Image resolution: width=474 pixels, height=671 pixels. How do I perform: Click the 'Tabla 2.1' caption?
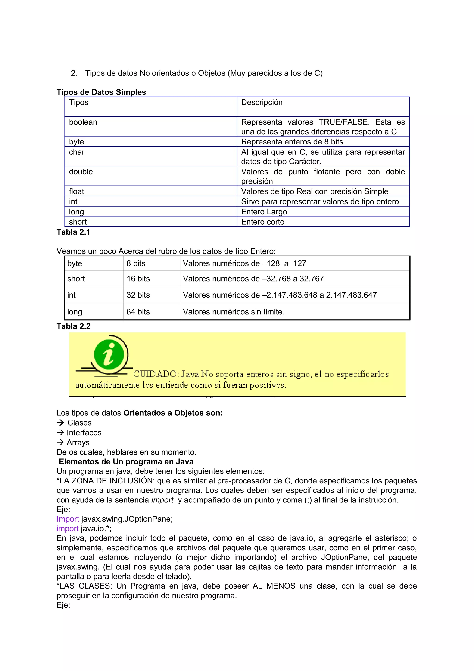point(73,232)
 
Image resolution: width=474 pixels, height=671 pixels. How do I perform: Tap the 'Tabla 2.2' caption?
point(73,326)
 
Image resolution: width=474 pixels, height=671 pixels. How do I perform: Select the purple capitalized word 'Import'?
point(68,519)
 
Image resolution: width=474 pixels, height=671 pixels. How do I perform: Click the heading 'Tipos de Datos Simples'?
point(101,92)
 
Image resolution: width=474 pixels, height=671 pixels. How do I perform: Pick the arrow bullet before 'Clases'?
point(60,423)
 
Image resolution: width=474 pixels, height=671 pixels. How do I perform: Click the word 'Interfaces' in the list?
point(84,433)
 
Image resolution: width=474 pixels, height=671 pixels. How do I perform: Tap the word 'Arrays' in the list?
point(78,442)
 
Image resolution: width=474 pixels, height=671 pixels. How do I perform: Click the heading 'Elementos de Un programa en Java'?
point(126,461)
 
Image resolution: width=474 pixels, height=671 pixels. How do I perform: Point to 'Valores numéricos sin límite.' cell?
point(234,312)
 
